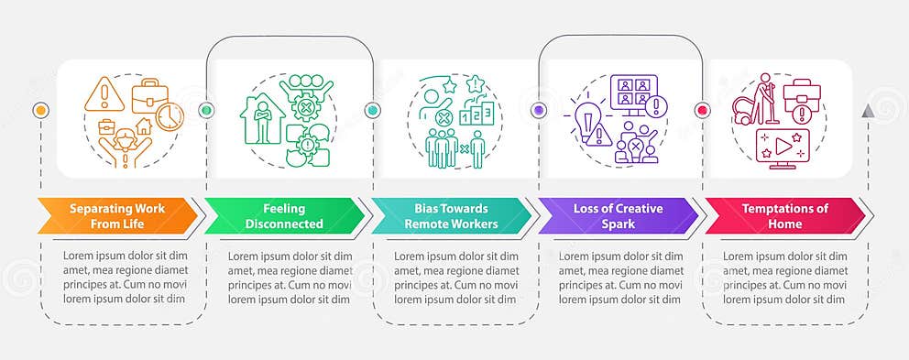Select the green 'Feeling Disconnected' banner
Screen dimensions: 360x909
pos(284,216)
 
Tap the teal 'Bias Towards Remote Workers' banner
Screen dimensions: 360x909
pos(450,216)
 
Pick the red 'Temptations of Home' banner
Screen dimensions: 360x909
pos(784,216)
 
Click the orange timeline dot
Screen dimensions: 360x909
pos(39,110)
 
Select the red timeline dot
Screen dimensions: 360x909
pos(703,110)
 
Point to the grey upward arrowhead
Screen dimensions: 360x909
pos(867,110)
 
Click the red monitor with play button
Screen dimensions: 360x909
pos(775,147)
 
